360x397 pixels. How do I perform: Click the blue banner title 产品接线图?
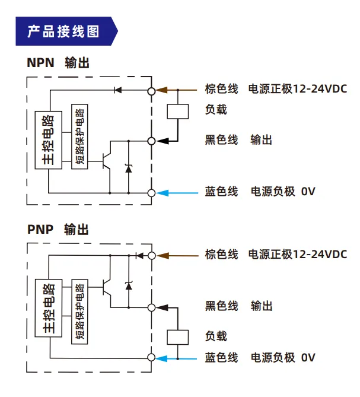click(x=63, y=31)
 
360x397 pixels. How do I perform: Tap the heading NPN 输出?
click(x=58, y=62)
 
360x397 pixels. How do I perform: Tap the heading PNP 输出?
click(x=58, y=230)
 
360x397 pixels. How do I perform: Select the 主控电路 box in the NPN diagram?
click(x=48, y=140)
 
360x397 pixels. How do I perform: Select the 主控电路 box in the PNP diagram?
click(x=48, y=308)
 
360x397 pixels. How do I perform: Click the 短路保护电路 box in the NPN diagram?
click(x=79, y=136)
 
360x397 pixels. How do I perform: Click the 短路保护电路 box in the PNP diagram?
click(x=79, y=312)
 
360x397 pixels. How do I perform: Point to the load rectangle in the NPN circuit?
click(x=177, y=112)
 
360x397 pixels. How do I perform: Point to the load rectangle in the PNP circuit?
click(x=177, y=337)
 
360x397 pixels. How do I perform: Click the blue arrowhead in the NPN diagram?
click(x=162, y=193)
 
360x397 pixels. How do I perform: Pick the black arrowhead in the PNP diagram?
click(x=162, y=307)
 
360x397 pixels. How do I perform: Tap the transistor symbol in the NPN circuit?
click(x=107, y=161)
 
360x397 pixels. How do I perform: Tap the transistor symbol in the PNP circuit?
click(x=107, y=288)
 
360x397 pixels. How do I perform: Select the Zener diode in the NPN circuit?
click(x=129, y=169)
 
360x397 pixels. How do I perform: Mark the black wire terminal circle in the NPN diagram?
click(x=151, y=141)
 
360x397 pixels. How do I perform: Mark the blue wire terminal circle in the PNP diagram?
click(x=151, y=357)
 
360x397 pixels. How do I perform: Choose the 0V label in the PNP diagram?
click(x=308, y=357)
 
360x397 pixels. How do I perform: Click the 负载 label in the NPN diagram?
click(x=216, y=110)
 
